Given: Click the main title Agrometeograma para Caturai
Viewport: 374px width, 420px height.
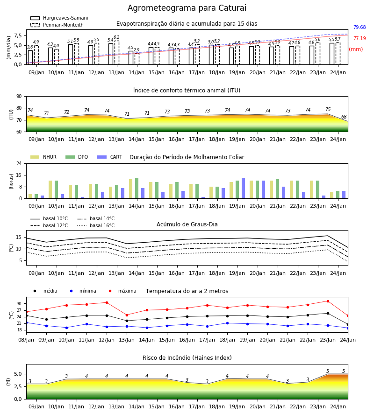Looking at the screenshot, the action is pyautogui.click(x=187, y=8).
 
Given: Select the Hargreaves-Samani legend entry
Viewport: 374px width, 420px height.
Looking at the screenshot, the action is pyautogui.click(x=59, y=18).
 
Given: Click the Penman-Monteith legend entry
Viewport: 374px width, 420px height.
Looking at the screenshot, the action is pyautogui.click(x=57, y=25).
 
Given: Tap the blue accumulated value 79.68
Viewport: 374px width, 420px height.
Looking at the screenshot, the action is pyautogui.click(x=360, y=28).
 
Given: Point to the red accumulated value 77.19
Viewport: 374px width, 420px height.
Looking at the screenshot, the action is pyautogui.click(x=360, y=38).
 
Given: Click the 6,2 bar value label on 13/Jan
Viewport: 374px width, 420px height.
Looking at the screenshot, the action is pyautogui.click(x=116, y=37).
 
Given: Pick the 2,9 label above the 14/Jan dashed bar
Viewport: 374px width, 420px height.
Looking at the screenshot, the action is pyautogui.click(x=137, y=50).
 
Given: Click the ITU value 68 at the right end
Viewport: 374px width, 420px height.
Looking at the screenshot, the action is pyautogui.click(x=344, y=117).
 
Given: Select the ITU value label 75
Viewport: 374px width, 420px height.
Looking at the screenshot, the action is pyautogui.click(x=328, y=109).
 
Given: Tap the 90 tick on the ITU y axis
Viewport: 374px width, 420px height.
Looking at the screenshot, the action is pyautogui.click(x=19, y=97).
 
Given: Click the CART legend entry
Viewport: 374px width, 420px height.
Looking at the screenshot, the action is pyautogui.click(x=110, y=157).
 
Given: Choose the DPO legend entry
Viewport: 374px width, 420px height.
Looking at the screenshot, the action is pyautogui.click(x=77, y=157).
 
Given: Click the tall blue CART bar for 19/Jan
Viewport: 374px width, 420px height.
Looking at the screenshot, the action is pyautogui.click(x=244, y=188).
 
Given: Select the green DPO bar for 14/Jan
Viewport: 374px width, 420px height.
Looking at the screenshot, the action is pyautogui.click(x=137, y=188).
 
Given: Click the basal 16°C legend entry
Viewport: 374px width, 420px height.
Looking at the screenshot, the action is pyautogui.click(x=96, y=225).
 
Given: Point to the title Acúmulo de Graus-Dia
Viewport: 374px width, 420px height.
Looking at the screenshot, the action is pyautogui.click(x=187, y=224).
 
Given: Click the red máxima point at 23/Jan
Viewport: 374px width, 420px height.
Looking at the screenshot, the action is pyautogui.click(x=328, y=301).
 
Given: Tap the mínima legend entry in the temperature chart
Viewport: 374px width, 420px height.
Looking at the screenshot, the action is pyautogui.click(x=81, y=291).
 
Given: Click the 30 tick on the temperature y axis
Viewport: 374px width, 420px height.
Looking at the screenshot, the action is pyautogui.click(x=19, y=304).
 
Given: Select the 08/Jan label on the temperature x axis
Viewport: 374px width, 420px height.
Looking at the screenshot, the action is pyautogui.click(x=26, y=340).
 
